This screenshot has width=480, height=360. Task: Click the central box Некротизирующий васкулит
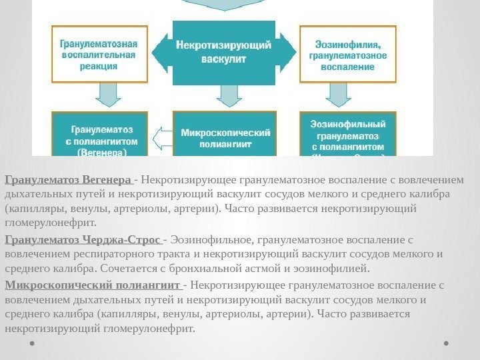tap(223, 53)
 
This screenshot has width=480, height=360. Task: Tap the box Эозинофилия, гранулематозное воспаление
tap(347, 53)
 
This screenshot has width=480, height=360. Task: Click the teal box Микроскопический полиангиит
tap(223, 137)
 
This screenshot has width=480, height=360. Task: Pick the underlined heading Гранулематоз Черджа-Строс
tap(83, 239)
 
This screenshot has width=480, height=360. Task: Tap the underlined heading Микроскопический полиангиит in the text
tap(93, 285)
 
